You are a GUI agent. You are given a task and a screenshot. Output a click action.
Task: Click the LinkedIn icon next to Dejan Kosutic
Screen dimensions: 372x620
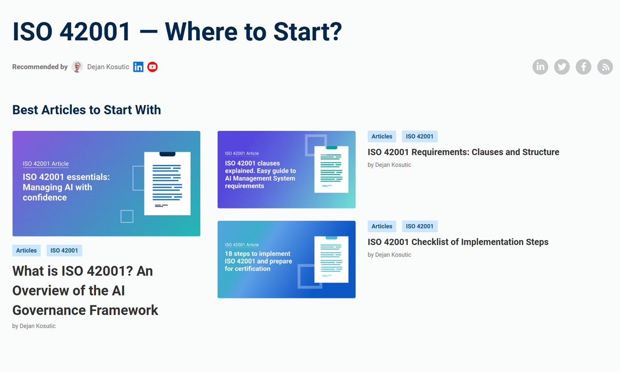click(x=138, y=67)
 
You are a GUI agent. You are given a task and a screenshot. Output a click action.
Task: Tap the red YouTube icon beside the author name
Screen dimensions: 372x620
click(x=152, y=67)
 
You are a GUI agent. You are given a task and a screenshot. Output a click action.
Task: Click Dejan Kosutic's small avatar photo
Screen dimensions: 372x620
click(x=78, y=67)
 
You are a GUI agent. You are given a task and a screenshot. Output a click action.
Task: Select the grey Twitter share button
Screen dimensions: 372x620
click(x=562, y=67)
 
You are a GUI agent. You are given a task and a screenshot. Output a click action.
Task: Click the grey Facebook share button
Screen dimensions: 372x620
click(x=583, y=67)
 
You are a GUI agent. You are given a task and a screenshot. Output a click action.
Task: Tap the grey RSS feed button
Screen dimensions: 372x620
click(x=605, y=67)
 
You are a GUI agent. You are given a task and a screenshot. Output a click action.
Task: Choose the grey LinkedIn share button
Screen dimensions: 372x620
click(x=540, y=67)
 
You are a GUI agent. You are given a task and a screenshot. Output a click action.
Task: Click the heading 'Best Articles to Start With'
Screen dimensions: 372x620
click(x=86, y=110)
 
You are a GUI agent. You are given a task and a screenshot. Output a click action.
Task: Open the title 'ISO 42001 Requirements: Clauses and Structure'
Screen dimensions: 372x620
click(x=463, y=152)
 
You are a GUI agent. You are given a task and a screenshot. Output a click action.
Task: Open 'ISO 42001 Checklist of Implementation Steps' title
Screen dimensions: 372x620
click(x=458, y=242)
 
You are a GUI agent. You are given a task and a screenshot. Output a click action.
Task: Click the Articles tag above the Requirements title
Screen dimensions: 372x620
click(x=382, y=136)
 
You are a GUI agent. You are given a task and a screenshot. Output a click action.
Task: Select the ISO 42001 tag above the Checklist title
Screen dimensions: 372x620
click(x=420, y=226)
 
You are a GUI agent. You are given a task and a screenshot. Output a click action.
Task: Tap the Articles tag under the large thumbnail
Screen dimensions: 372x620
click(x=26, y=251)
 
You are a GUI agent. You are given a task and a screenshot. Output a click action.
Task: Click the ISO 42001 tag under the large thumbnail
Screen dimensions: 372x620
click(x=64, y=251)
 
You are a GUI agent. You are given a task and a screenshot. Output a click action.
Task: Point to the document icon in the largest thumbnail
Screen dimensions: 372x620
click(x=167, y=183)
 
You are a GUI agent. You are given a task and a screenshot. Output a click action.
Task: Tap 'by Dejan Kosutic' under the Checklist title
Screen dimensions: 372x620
click(x=389, y=255)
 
